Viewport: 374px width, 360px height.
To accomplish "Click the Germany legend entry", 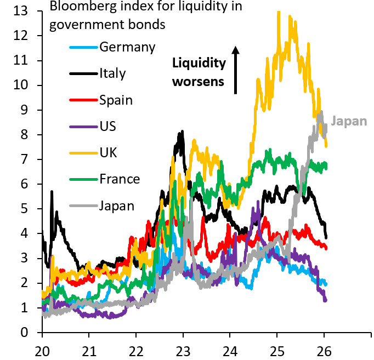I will point(127,47).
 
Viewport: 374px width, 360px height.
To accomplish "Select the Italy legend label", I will point(112,73).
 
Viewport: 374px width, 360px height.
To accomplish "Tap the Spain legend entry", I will point(116,100).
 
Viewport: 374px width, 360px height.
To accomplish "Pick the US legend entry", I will point(108,127).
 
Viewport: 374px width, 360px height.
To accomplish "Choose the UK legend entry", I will point(108,153).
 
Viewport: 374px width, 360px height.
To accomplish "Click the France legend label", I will point(120,179).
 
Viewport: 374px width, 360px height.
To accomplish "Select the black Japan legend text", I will point(117,205).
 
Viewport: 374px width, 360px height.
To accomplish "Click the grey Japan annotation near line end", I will point(350,121).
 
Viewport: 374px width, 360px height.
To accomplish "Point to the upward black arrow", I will point(236,70).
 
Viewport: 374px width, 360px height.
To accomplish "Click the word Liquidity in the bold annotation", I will point(199,64).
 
